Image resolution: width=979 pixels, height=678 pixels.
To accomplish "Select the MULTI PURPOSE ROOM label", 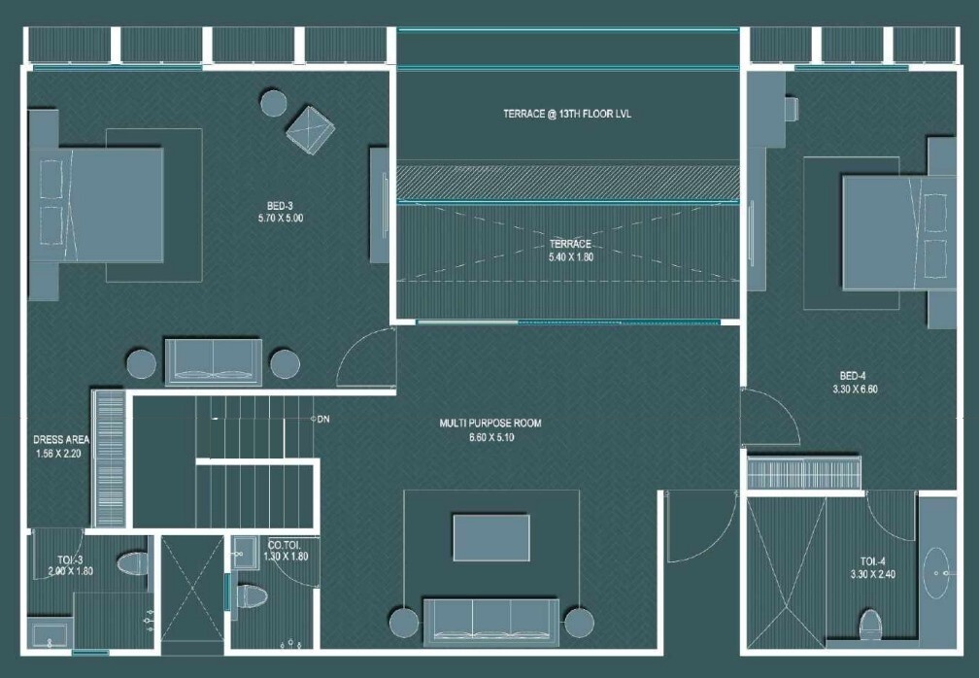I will click(x=490, y=424).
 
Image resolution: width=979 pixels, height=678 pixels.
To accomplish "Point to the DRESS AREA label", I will click(x=61, y=439).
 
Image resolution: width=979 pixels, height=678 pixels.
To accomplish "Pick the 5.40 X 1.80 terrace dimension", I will click(x=570, y=257).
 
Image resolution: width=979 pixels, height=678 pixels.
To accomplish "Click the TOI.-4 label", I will click(x=871, y=561).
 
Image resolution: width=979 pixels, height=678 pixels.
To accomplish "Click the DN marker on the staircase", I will click(x=321, y=420).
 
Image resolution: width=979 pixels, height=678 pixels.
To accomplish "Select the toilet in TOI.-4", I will click(x=870, y=622).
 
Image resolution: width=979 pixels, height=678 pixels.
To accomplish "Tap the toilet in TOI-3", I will click(x=131, y=563).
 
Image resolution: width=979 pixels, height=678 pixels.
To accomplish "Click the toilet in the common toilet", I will click(x=250, y=595).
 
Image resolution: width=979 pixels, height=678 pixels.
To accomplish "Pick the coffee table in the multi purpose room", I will click(x=490, y=537).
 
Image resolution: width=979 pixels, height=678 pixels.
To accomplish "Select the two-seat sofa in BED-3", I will click(x=212, y=360).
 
